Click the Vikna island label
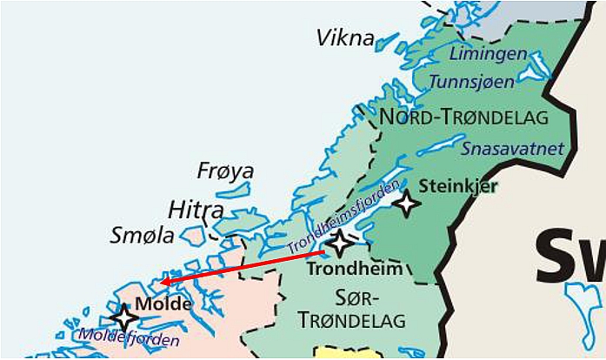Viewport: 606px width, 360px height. pyautogui.click(x=345, y=38)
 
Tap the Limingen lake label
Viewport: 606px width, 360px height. pyautogui.click(x=488, y=54)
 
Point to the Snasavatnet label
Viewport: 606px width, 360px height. pyautogui.click(x=512, y=149)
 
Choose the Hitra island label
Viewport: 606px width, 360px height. pyautogui.click(x=195, y=210)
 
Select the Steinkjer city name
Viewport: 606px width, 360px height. pyautogui.click(x=458, y=186)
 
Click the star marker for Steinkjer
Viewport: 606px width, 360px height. pyautogui.click(x=405, y=203)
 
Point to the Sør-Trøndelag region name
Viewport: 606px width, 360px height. pyautogui.click(x=351, y=310)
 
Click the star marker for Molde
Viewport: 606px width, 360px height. pyautogui.click(x=123, y=317)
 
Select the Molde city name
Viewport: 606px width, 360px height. pyautogui.click(x=163, y=305)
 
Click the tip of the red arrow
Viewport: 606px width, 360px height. pyautogui.click(x=161, y=281)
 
